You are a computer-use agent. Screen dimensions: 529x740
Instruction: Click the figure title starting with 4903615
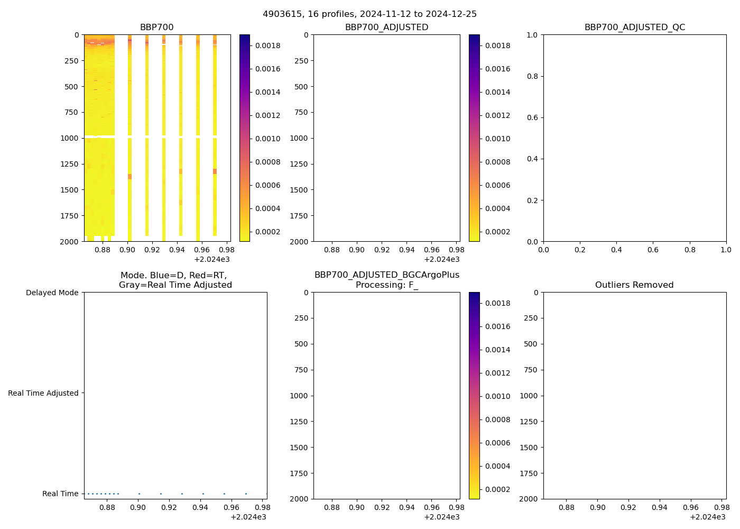(x=369, y=14)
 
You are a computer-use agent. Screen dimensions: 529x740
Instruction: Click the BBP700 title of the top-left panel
(x=156, y=28)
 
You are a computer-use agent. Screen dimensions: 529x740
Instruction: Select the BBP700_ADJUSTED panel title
(x=386, y=28)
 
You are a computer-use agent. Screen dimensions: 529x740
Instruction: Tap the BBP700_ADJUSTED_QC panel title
(x=634, y=28)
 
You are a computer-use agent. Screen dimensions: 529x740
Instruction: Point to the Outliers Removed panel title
(x=634, y=285)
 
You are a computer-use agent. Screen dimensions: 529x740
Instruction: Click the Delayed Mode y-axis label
(x=52, y=293)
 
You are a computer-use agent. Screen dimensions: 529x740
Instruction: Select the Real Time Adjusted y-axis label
(x=43, y=393)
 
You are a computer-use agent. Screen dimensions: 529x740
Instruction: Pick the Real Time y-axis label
(x=60, y=494)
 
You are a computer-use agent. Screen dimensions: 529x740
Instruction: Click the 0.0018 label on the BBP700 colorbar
(x=268, y=45)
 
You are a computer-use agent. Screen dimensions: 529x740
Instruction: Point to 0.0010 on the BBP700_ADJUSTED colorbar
(x=498, y=139)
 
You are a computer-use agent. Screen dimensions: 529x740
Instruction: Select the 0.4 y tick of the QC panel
(x=532, y=159)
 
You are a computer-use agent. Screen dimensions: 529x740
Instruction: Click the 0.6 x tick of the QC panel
(x=653, y=250)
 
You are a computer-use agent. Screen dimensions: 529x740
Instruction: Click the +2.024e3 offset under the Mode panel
(x=248, y=517)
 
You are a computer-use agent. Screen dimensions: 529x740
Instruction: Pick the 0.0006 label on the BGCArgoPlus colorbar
(x=498, y=443)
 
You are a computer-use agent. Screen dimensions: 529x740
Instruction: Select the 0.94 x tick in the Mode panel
(x=200, y=507)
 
